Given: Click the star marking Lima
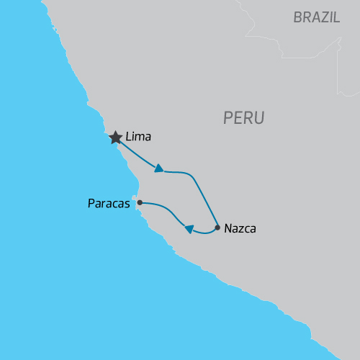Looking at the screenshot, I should (115, 138).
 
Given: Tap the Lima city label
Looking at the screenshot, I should (139, 136).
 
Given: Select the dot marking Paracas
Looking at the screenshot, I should (140, 202).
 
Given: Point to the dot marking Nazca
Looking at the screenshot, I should (217, 228).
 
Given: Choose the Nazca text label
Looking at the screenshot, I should (240, 229).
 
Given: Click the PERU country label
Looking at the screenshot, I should (244, 117).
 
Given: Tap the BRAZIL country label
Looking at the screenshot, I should (317, 18).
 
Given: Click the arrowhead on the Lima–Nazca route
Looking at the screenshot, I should (159, 168).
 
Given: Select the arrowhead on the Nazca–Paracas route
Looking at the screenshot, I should (189, 229).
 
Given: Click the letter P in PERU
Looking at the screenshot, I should (229, 117).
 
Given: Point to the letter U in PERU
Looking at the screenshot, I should (259, 117).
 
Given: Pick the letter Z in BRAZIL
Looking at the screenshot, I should (323, 18).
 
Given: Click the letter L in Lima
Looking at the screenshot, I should (128, 136).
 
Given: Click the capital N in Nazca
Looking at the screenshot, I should (228, 229).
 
